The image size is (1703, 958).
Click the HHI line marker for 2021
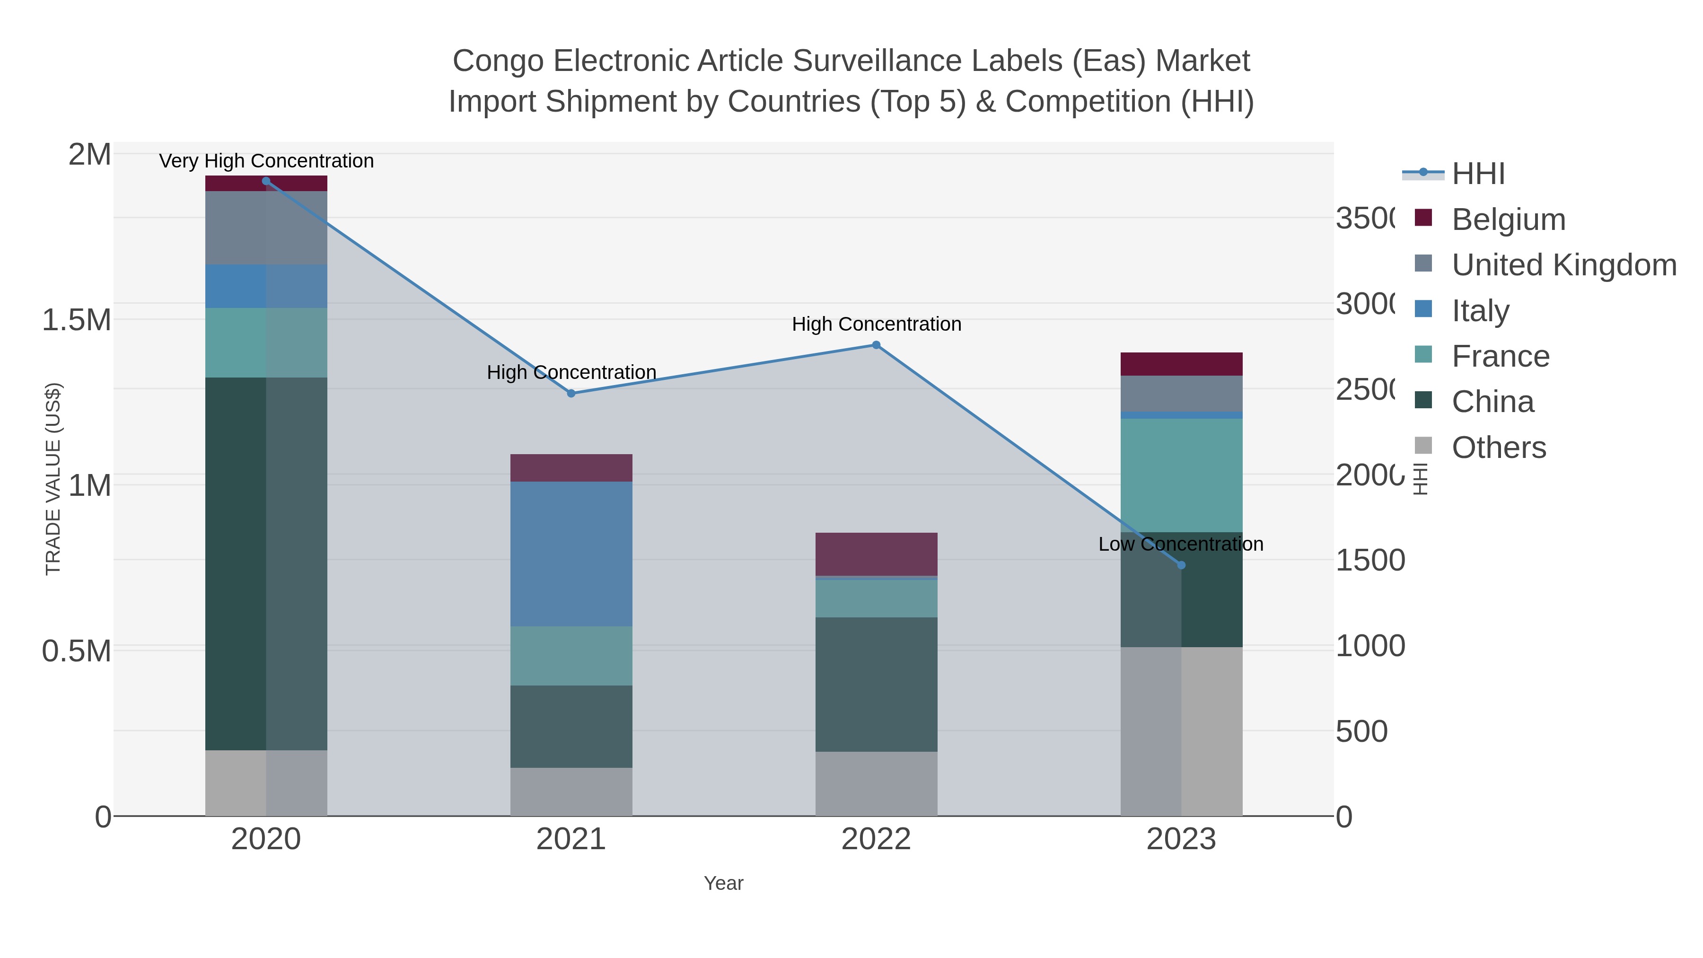click(x=571, y=394)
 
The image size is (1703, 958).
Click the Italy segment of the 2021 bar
click(x=571, y=554)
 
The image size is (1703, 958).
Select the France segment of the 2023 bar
click(x=1181, y=475)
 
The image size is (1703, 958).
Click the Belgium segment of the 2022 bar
click(x=876, y=554)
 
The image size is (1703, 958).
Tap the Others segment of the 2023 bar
click(x=1181, y=731)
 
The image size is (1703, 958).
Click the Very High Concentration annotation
click(x=266, y=161)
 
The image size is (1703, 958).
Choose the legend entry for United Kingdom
click(x=1563, y=265)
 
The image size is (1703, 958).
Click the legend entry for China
click(x=1492, y=402)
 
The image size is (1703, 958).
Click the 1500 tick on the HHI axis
click(x=1370, y=561)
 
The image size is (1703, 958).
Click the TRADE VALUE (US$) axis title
click(x=53, y=479)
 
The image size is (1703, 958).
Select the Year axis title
click(x=723, y=883)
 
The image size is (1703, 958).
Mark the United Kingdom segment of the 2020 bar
click(x=266, y=228)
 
